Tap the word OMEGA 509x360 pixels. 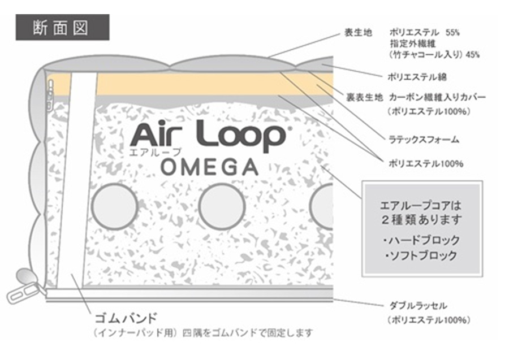pyautogui.click(x=209, y=167)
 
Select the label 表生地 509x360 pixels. pyautogui.click(x=358, y=33)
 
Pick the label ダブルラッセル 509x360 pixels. pyautogui.click(x=419, y=306)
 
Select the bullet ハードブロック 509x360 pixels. pyautogui.click(x=421, y=240)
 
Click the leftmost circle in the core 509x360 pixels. pyautogui.click(x=115, y=207)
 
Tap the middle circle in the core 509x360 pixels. pyautogui.click(x=221, y=207)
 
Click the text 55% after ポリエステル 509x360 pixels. pyautogui.click(x=453, y=33)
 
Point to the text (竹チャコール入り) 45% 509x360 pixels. pyautogui.click(x=435, y=55)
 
